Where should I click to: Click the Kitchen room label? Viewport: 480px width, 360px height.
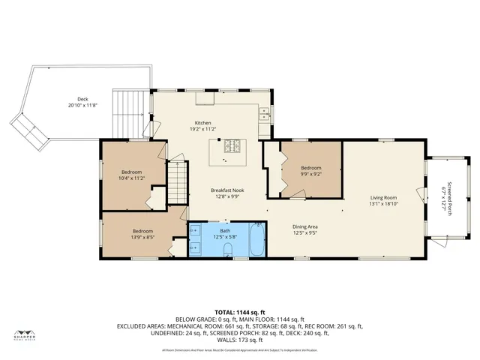[203, 123]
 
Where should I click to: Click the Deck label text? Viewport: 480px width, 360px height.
[82, 99]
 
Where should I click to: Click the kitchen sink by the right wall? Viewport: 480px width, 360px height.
[264, 115]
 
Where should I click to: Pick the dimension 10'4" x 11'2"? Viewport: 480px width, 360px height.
[132, 178]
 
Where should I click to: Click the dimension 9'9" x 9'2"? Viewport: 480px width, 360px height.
[311, 174]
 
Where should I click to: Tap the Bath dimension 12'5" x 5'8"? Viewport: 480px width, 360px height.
[226, 237]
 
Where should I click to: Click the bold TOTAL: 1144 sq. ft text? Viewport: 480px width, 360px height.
[239, 311]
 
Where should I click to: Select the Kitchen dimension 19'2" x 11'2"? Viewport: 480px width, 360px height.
[203, 129]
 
